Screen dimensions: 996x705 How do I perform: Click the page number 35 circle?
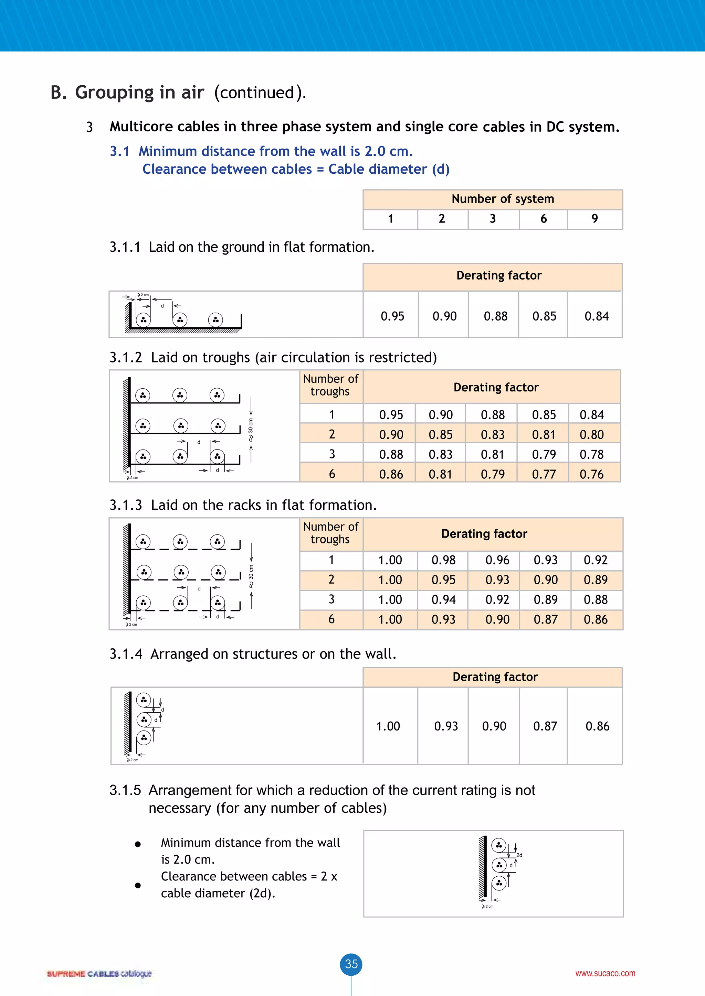click(x=351, y=964)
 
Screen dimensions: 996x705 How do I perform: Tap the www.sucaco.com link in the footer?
click(x=605, y=973)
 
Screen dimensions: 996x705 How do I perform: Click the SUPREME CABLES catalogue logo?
click(x=99, y=973)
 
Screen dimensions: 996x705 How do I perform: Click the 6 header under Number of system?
click(x=543, y=219)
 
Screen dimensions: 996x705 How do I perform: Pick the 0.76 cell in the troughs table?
click(x=591, y=474)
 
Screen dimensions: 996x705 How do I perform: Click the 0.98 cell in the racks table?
click(x=443, y=560)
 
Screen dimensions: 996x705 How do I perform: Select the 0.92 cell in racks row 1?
click(x=595, y=560)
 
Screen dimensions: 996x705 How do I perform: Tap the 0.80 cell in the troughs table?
click(x=591, y=435)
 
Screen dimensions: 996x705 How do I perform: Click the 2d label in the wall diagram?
click(x=519, y=855)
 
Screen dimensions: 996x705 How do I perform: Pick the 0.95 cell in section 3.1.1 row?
click(x=392, y=316)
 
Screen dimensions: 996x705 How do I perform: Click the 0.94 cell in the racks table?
click(x=443, y=599)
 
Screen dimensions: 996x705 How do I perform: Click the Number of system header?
click(x=503, y=199)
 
